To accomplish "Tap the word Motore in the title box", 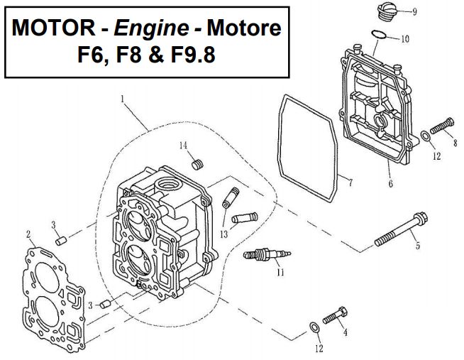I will (244, 28).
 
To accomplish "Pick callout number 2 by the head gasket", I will (28, 234).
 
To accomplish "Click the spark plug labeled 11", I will (265, 254).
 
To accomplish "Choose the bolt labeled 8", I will (442, 126).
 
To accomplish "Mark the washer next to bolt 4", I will (314, 327).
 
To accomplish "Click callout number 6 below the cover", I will (390, 185).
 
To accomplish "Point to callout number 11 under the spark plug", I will (280, 271).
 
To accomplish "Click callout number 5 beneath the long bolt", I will (418, 246).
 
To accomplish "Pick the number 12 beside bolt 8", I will (437, 155).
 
